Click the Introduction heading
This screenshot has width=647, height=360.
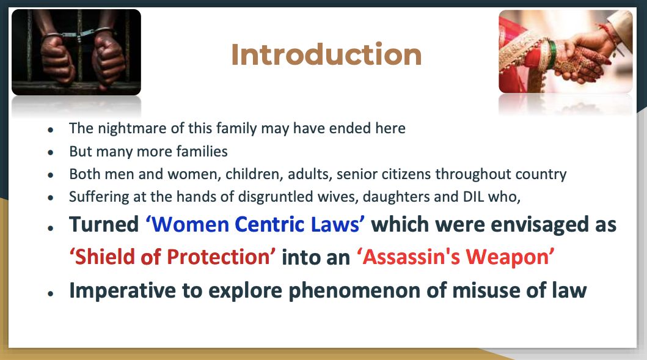pos(326,54)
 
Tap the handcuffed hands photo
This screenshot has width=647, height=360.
pos(76,53)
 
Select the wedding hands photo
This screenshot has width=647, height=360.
pos(565,51)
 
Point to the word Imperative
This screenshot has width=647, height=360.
pos(123,290)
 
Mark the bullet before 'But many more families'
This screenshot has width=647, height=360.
pos(51,152)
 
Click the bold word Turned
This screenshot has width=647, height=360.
pos(104,224)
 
